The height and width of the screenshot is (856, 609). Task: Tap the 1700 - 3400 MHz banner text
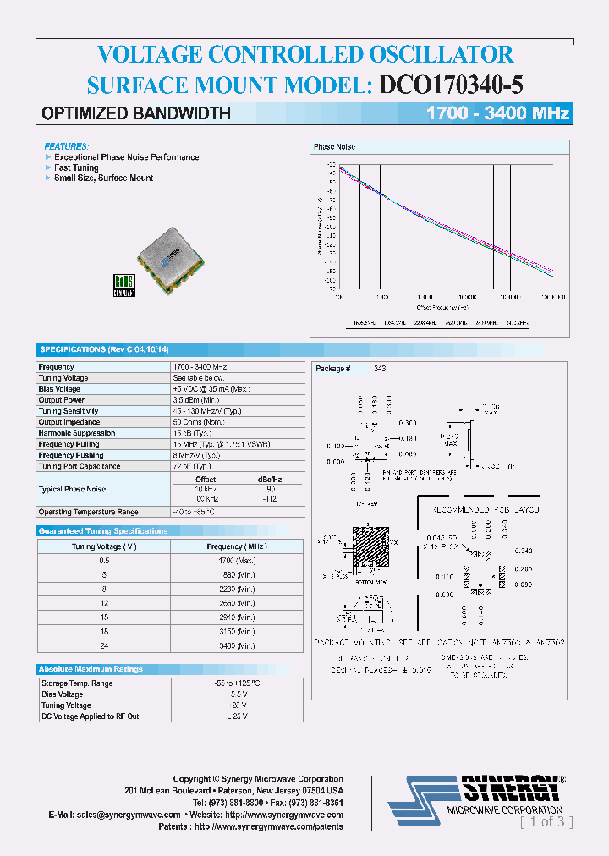[497, 113]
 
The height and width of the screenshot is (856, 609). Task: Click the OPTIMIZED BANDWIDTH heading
[136, 113]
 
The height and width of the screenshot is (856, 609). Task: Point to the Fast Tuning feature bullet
[76, 167]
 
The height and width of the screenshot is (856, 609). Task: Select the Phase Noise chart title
[334, 147]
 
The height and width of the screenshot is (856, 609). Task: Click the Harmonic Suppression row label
[77, 433]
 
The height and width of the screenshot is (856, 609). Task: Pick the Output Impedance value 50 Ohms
[199, 422]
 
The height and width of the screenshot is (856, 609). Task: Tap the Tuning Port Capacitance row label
[80, 466]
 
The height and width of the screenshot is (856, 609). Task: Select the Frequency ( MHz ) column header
[236, 546]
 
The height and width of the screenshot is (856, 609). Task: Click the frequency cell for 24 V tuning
[236, 646]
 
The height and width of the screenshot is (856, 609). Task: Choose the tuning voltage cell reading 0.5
[104, 561]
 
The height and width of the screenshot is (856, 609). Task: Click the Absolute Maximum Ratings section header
[91, 669]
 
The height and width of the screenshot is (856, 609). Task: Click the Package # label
[330, 369]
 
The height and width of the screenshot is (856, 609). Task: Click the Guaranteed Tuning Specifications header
[103, 531]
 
